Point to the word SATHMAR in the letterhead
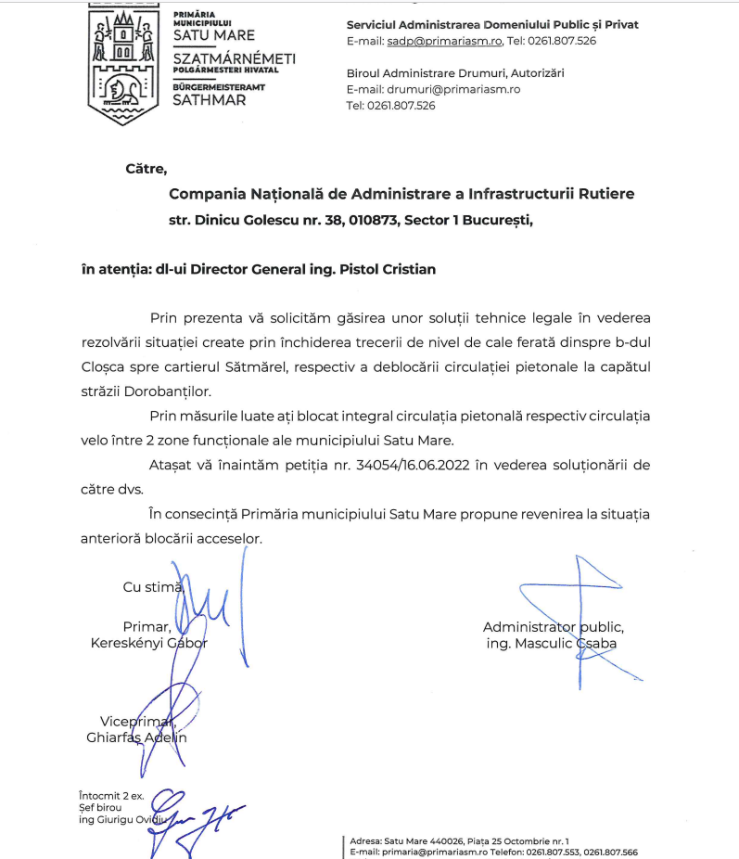point(210,100)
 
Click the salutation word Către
point(146,169)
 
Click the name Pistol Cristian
point(384,269)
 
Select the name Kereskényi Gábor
point(148,643)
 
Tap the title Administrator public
point(553,627)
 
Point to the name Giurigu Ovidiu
point(129,820)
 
